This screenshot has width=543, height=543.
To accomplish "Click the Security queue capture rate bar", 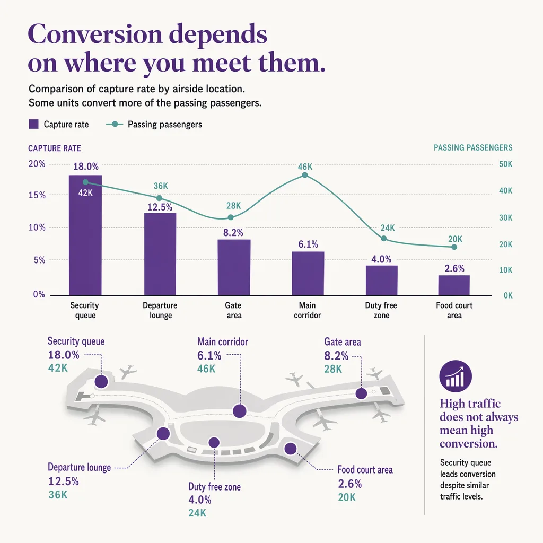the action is [x=85, y=235].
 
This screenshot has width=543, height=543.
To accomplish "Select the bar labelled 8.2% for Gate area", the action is [x=234, y=267].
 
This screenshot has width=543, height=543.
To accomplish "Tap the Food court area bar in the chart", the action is [x=454, y=285].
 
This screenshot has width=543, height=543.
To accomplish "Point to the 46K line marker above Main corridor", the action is [x=305, y=175].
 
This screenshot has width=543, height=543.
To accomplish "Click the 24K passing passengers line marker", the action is [x=384, y=239].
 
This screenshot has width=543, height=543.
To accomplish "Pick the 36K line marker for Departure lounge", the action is [x=159, y=198].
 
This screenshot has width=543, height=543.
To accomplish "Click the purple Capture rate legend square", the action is [x=33, y=124].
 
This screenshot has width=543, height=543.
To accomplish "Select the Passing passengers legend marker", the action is [x=115, y=124].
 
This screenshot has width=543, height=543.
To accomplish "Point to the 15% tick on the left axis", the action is [x=37, y=195].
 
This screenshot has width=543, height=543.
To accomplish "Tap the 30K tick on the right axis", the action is [x=505, y=218].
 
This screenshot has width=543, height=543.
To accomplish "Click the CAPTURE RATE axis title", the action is [x=55, y=148].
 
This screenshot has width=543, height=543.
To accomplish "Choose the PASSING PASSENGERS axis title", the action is [x=473, y=147].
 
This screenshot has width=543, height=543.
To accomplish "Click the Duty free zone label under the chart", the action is [x=381, y=310].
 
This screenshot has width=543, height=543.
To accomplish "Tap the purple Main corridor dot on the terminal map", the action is [x=240, y=411].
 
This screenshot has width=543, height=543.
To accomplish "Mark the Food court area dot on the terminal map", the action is [x=291, y=449].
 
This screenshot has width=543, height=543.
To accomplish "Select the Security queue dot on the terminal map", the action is [x=101, y=382].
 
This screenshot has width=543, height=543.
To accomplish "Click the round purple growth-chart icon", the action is [x=456, y=376].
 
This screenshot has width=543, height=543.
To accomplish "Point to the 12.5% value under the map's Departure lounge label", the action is [x=64, y=481].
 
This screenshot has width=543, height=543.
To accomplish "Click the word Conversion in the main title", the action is [x=95, y=34].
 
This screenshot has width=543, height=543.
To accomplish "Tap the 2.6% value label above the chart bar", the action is [x=454, y=269].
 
